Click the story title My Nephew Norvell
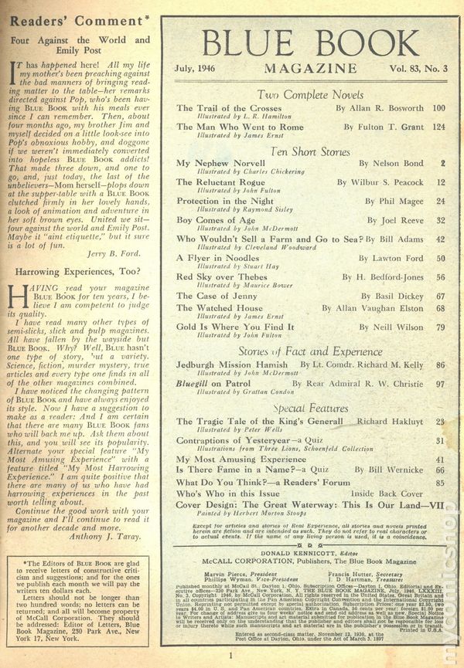point(211,164)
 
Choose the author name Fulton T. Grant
point(380,126)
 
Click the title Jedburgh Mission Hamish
point(230,364)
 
